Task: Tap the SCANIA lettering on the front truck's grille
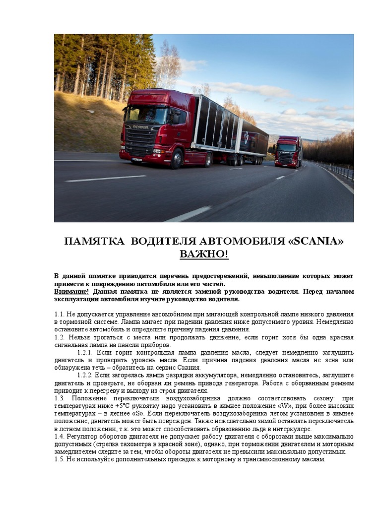click(x=140, y=127)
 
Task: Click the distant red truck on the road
click(x=288, y=152)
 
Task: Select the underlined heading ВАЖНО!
click(x=204, y=254)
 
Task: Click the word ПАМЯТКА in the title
click(x=94, y=242)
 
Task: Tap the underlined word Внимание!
click(x=72, y=292)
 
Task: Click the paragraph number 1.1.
click(x=59, y=315)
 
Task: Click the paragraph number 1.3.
click(x=60, y=398)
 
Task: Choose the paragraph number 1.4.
click(x=59, y=437)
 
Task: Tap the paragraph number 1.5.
click(x=59, y=459)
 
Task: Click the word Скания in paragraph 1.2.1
click(x=189, y=368)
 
